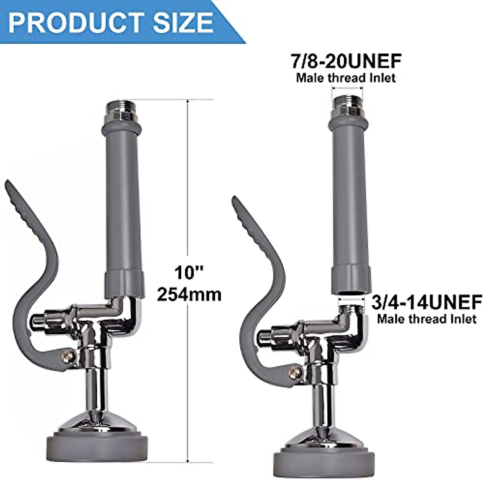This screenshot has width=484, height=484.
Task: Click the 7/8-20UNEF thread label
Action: pyautogui.click(x=346, y=61)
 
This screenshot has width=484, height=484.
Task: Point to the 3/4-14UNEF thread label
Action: pyautogui.click(x=427, y=302)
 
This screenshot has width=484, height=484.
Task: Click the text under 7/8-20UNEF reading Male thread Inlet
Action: pyautogui.click(x=346, y=77)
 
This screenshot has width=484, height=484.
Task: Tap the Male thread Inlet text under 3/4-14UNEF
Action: pyautogui.click(x=427, y=319)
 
